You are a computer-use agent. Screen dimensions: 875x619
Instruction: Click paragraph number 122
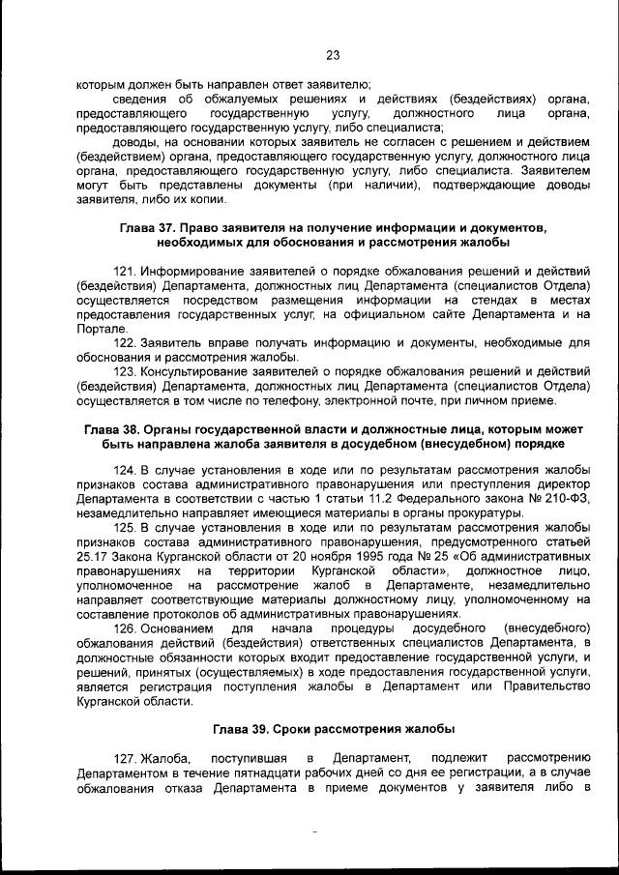(x=128, y=343)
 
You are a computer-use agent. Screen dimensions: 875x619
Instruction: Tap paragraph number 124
(x=128, y=471)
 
